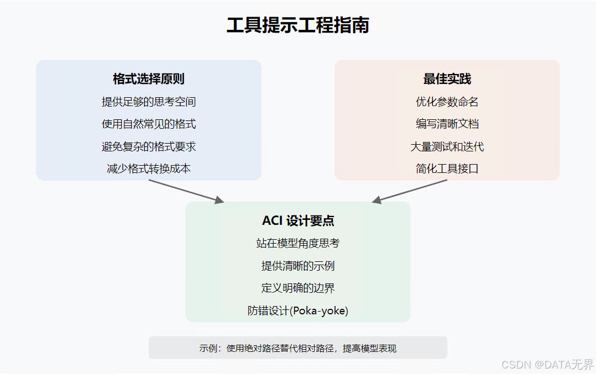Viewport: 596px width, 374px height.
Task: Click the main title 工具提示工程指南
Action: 298,25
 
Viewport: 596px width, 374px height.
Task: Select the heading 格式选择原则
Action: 148,79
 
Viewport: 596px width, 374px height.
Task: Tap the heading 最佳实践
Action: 447,79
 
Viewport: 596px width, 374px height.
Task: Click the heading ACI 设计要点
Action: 298,221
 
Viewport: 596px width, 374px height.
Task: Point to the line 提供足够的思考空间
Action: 148,102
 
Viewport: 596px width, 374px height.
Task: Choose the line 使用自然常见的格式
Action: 148,124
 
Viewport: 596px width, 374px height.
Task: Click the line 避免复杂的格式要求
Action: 148,146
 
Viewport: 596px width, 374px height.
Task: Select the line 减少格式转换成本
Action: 148,168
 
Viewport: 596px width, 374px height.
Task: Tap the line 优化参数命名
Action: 447,102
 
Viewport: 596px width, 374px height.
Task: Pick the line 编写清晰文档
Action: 447,124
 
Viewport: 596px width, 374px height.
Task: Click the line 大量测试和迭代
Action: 447,146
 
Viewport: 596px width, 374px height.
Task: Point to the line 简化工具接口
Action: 447,168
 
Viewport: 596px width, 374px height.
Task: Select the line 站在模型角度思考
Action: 298,243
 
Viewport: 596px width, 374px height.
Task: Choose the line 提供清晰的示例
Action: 298,266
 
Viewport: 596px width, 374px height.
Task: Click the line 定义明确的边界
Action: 298,288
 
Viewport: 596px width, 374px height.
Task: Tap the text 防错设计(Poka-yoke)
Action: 298,310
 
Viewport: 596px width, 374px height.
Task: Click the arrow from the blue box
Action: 186,191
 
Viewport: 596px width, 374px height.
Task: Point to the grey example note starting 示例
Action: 298,349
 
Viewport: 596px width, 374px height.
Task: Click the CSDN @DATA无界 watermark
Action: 547,365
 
